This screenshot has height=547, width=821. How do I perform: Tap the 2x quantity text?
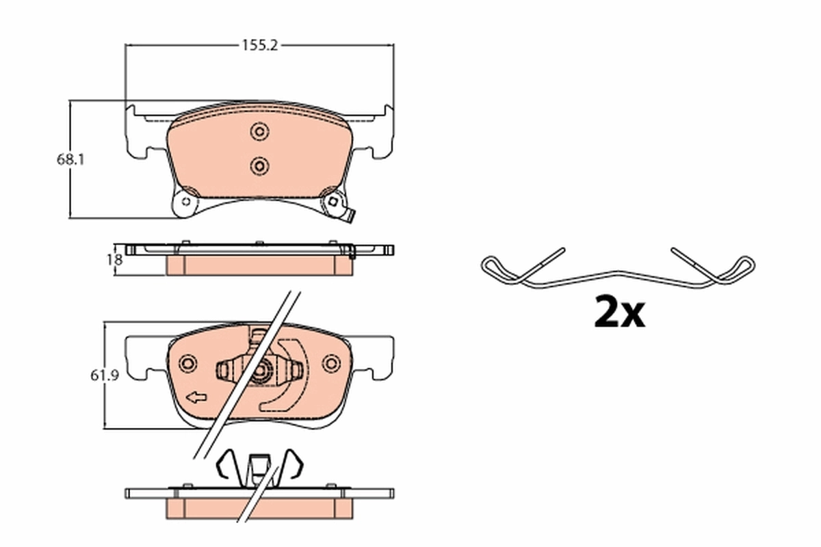(x=619, y=312)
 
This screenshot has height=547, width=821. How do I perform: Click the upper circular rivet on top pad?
(x=259, y=132)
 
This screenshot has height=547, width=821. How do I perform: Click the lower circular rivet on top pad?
(x=259, y=165)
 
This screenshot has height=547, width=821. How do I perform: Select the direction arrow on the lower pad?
(x=196, y=397)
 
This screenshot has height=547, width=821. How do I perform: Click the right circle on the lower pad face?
(x=333, y=363)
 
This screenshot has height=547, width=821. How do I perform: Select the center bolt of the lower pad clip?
(x=261, y=373)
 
